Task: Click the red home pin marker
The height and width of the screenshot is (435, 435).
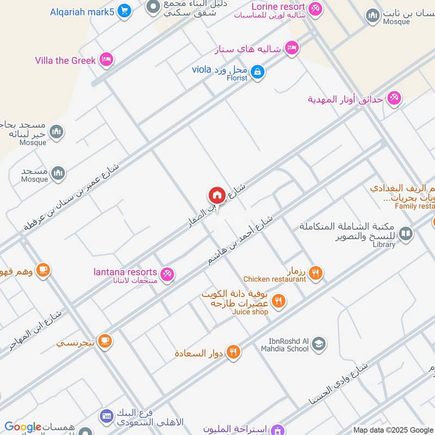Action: pos(216,195)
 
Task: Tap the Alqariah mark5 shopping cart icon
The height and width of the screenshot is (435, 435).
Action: pos(125,10)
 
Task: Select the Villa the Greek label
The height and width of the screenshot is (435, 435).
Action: pos(65,60)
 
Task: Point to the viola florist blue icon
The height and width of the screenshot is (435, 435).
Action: pos(258,71)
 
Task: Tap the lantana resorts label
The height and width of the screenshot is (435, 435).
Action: pos(125,272)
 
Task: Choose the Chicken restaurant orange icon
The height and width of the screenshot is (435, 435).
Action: pos(315,273)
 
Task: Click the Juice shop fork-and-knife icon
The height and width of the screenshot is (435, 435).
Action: pos(278,301)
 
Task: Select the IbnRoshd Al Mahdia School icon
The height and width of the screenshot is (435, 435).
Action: pos(319,344)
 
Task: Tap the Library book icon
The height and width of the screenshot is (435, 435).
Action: pos(405,234)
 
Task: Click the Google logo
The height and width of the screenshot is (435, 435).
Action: pos(23,427)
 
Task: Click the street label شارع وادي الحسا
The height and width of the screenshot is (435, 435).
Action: pos(337,387)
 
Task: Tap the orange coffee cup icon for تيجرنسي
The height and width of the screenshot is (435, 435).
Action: pos(105,341)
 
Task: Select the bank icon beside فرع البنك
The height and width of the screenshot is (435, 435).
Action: pos(106,416)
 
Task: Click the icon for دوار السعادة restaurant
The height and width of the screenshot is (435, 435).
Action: pos(234,352)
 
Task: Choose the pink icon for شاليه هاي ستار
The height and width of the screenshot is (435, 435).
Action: pos(293,48)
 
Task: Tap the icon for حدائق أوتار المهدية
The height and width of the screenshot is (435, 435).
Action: pos(394,98)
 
